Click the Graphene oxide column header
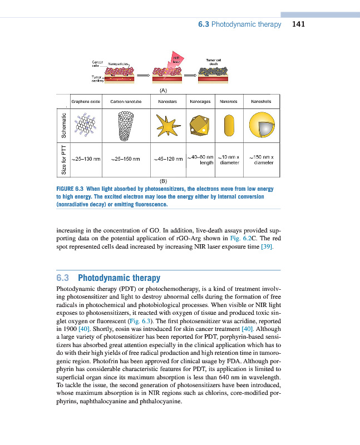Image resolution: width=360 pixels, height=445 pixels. pos(86,102)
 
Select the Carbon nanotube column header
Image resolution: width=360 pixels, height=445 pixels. pos(127,102)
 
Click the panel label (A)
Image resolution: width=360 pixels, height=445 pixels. pos(163,89)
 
